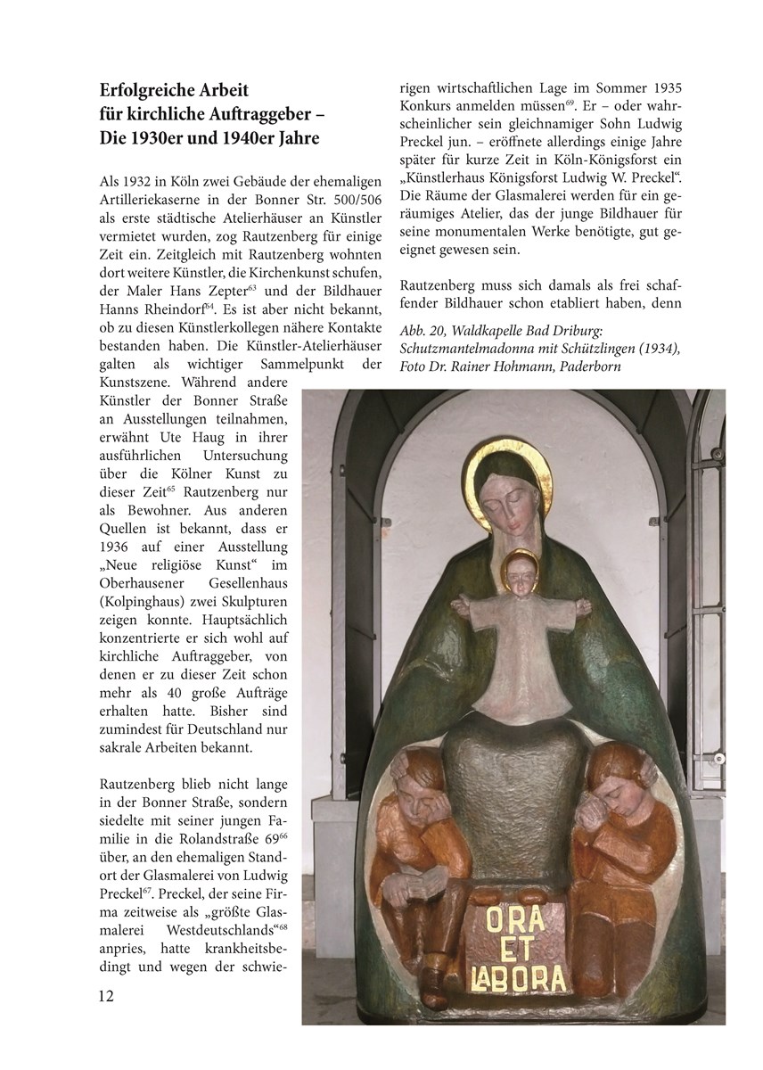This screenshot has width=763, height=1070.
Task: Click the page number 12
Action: tap(108, 994)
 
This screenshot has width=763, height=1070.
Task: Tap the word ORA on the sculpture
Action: tap(514, 917)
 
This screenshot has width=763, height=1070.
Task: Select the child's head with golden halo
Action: tap(520, 572)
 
